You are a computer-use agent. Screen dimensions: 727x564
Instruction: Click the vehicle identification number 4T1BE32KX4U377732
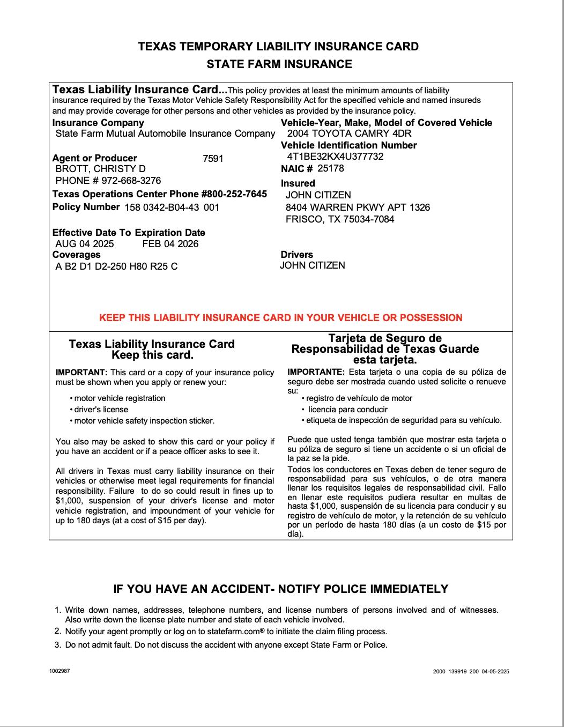pyautogui.click(x=335, y=157)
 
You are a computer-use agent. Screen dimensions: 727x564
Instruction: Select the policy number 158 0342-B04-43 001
pyautogui.click(x=172, y=207)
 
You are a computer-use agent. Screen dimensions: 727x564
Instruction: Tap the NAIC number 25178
pyautogui.click(x=331, y=168)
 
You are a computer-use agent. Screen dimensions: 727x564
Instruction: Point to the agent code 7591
pyautogui.click(x=213, y=159)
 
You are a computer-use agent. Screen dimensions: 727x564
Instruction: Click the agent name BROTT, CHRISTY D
pyautogui.click(x=100, y=169)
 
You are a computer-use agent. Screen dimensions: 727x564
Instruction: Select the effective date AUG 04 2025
pyautogui.click(x=85, y=244)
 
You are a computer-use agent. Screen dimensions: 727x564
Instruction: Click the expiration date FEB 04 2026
pyautogui.click(x=170, y=244)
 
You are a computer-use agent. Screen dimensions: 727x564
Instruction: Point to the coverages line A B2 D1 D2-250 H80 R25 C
pyautogui.click(x=116, y=266)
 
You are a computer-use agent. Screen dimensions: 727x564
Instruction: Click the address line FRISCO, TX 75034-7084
pyautogui.click(x=340, y=219)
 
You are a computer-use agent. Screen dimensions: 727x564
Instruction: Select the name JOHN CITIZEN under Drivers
pyautogui.click(x=313, y=265)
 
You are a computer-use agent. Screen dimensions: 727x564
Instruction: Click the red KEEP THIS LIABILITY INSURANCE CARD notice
pyautogui.click(x=281, y=318)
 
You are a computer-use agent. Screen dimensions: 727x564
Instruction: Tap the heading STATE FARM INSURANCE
pyautogui.click(x=279, y=64)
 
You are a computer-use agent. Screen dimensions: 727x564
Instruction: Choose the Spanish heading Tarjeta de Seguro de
pyautogui.click(x=384, y=338)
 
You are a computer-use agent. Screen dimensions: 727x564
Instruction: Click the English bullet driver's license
pyautogui.click(x=101, y=410)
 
